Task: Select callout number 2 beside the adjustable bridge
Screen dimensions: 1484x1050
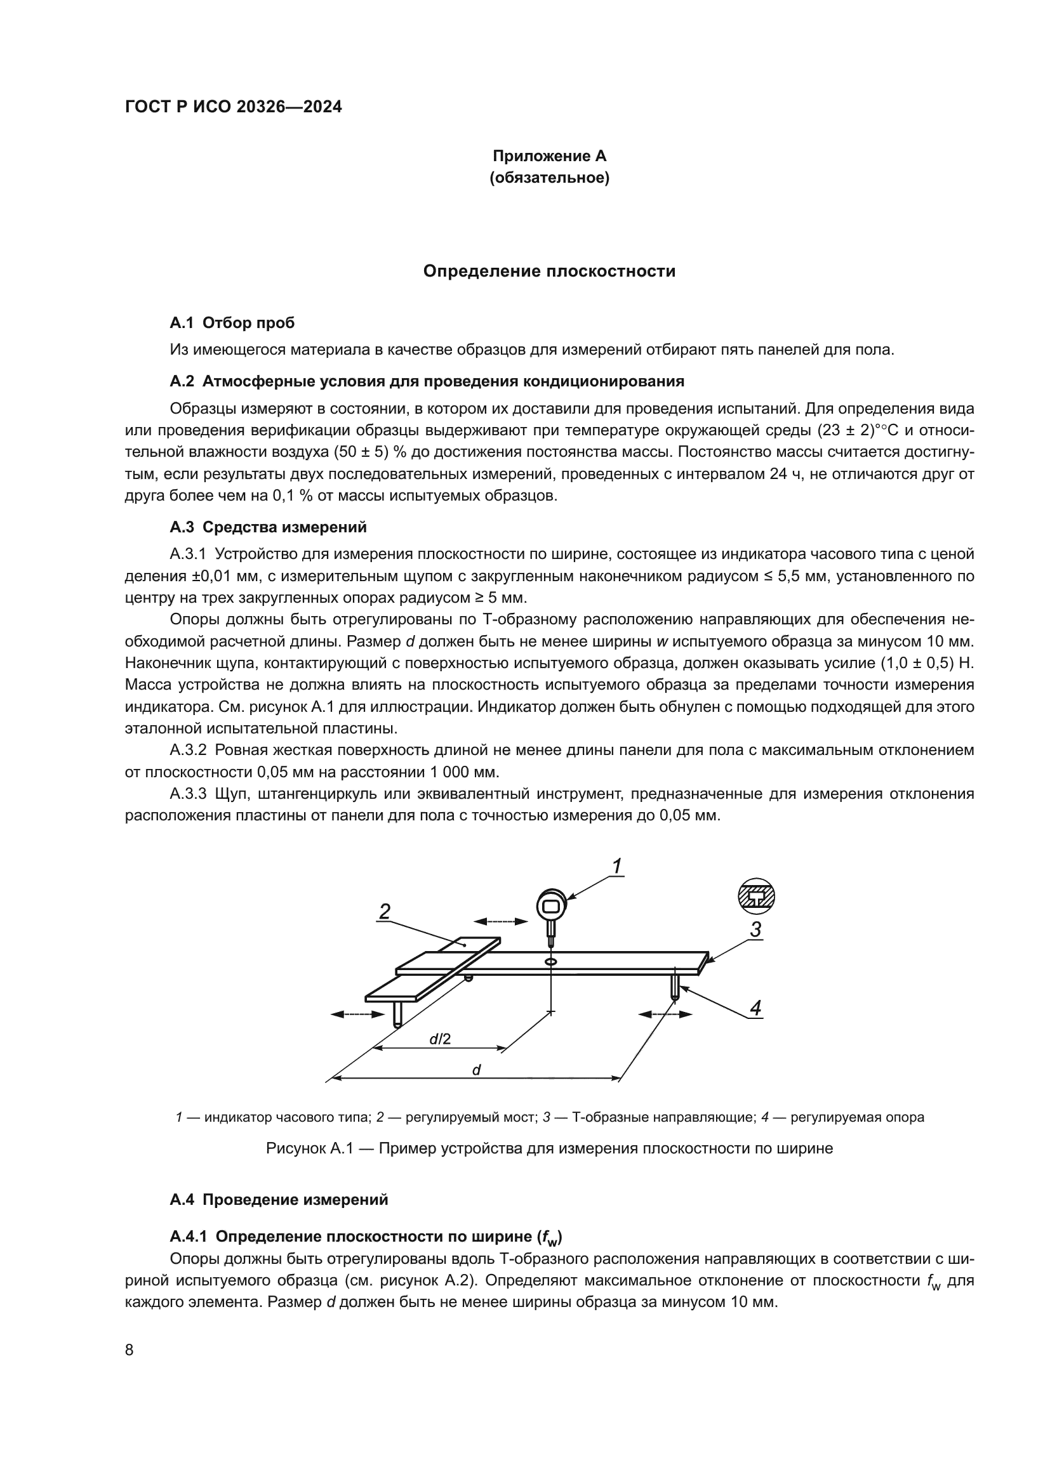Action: click(x=384, y=912)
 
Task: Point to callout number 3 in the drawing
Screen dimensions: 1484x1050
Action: click(x=755, y=930)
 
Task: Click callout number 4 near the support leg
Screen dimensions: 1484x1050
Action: click(x=755, y=1008)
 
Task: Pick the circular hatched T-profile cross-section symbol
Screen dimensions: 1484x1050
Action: click(x=756, y=896)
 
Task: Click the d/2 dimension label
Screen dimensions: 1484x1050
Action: click(x=440, y=1039)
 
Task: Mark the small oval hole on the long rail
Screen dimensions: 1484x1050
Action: click(x=551, y=962)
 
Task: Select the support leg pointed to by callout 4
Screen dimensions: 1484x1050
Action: click(x=674, y=986)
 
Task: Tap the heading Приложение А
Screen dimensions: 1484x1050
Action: click(x=549, y=156)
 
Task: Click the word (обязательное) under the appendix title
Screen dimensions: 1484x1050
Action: click(x=549, y=178)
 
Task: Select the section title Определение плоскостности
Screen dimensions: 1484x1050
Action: click(x=549, y=272)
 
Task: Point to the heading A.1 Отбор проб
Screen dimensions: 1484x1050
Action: click(x=232, y=322)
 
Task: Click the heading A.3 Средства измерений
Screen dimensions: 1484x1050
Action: click(x=268, y=527)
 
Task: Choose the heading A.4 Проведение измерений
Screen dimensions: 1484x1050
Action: click(x=279, y=1200)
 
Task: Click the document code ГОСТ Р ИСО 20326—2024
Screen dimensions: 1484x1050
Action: click(x=234, y=107)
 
